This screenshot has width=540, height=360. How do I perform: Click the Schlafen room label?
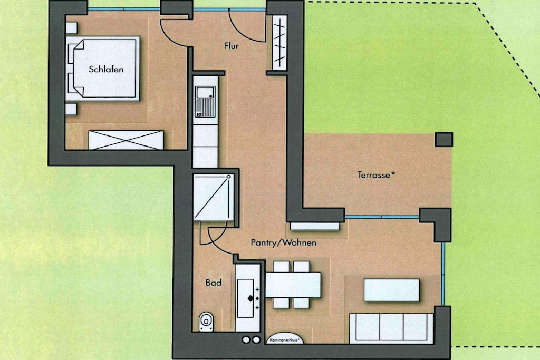tap(106, 69)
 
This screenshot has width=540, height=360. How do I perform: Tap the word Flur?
tap(231, 46)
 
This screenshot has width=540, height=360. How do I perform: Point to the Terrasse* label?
tap(375, 175)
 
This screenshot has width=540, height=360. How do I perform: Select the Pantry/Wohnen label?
tap(283, 242)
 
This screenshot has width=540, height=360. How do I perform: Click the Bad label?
tap(214, 283)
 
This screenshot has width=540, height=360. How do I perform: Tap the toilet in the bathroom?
tap(206, 322)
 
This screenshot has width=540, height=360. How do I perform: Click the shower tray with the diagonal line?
tap(214, 197)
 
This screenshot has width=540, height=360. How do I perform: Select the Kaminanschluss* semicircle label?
tap(285, 339)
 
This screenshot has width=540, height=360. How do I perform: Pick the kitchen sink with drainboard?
tap(205, 102)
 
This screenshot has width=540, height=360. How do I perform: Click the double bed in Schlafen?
tap(103, 69)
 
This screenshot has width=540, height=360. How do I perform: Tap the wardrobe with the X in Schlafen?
tap(126, 140)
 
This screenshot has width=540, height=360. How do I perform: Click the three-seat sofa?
tap(391, 328)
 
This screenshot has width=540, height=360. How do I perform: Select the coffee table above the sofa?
tap(392, 290)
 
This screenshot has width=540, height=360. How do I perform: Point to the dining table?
tap(293, 285)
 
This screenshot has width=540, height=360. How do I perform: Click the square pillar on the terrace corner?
tap(444, 139)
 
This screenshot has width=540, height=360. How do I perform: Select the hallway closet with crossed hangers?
tap(279, 43)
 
